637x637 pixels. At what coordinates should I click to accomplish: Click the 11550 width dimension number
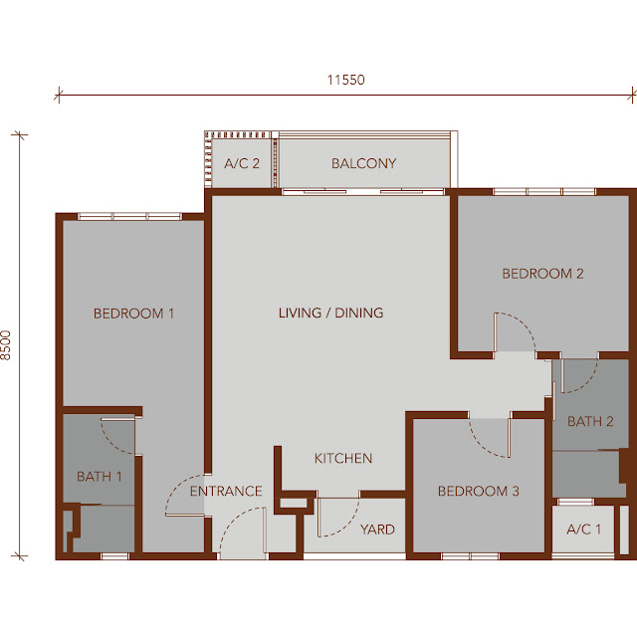tap(346, 80)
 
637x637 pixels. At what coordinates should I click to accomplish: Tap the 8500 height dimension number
tap(6, 345)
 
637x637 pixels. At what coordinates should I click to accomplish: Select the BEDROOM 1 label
tap(133, 314)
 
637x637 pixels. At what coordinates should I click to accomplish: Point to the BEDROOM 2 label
tap(542, 274)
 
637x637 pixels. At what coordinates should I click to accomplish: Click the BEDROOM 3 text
tap(479, 491)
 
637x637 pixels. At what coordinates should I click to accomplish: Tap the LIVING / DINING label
tap(330, 313)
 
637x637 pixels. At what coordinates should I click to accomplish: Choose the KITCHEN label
tap(343, 458)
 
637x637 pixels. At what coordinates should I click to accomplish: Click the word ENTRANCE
tap(226, 491)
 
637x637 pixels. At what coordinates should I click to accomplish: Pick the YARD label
tap(377, 530)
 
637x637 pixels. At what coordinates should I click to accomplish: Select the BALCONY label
tap(363, 163)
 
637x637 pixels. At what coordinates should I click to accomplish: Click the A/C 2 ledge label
tap(242, 163)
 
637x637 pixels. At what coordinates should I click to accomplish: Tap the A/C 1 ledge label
tap(584, 530)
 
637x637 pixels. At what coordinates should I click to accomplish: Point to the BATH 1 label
tap(100, 477)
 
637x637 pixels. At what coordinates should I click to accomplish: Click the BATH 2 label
tap(590, 422)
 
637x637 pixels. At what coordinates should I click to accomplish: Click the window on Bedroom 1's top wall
tap(129, 217)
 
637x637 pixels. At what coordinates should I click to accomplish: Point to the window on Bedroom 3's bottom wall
tap(470, 556)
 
